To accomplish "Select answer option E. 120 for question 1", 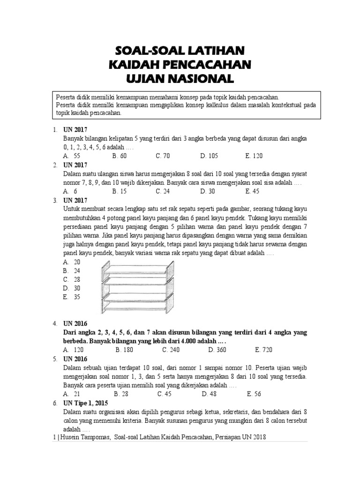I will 254,156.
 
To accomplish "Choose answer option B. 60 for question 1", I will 120,156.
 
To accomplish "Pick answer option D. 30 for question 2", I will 207,191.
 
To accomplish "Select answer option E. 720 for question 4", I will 263,350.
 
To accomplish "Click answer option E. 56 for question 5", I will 254,394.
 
